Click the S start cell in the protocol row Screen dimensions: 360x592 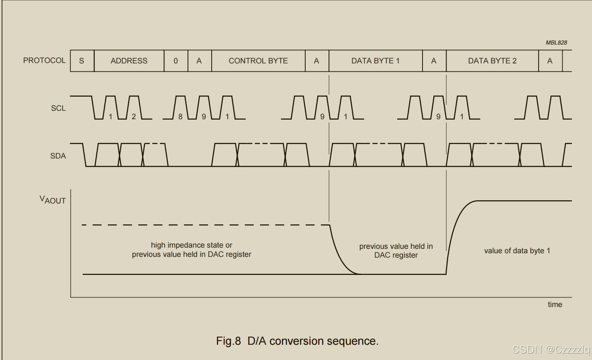[82, 61]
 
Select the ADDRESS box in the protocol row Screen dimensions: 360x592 [129, 61]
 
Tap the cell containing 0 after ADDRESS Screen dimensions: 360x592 [176, 61]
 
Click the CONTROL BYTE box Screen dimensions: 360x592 [258, 61]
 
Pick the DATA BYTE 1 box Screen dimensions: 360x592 [375, 61]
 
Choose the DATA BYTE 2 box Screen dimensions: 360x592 [492, 61]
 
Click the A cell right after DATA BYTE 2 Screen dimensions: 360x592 [550, 61]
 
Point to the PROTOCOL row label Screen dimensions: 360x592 [44, 61]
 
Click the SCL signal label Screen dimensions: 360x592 [58, 108]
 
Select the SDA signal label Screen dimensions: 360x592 [58, 156]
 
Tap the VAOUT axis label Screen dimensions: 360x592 [53, 200]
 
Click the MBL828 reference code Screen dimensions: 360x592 [556, 43]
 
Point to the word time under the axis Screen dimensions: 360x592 [555, 305]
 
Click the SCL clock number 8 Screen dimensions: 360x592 [180, 116]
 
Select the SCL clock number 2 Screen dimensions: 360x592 [134, 116]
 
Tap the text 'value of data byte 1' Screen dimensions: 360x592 [517, 251]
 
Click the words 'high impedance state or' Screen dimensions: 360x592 [192, 245]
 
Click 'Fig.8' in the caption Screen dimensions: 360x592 [228, 341]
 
